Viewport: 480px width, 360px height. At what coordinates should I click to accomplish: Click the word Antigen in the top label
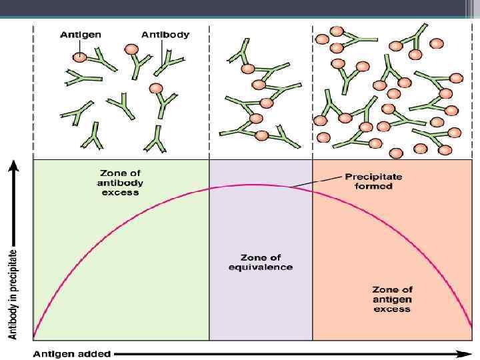(x=81, y=35)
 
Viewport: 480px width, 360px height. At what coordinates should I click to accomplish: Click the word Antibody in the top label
(x=165, y=35)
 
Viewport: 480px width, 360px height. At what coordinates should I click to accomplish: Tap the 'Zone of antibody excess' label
(x=121, y=183)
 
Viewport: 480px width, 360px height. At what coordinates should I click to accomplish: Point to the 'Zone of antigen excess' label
(x=393, y=299)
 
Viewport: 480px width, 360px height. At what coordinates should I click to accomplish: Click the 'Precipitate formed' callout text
(x=369, y=181)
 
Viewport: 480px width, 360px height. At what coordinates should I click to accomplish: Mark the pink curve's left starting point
(x=34, y=337)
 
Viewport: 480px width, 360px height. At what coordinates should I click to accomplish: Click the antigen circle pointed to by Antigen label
(x=79, y=57)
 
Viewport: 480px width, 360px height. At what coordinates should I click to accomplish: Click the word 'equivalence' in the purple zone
(x=266, y=267)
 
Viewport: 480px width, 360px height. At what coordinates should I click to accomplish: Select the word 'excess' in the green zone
(x=121, y=192)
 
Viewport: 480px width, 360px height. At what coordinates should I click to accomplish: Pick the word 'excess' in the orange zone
(x=393, y=309)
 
